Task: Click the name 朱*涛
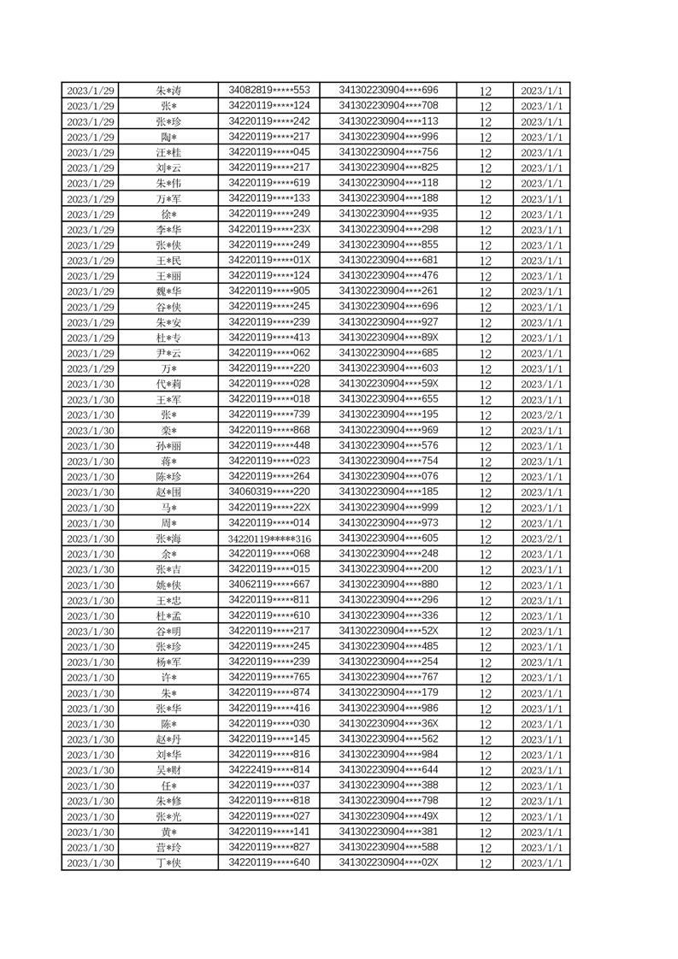pos(168,91)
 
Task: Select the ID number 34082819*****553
pos(269,90)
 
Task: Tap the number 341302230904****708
pos(388,105)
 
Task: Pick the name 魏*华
pos(168,291)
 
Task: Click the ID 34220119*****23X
pos(269,229)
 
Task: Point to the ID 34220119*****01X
pos(269,260)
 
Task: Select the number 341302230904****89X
pos(388,337)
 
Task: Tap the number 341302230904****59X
pos(388,384)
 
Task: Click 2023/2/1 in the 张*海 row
pos(541,539)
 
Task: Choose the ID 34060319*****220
pos(269,491)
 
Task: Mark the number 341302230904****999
pos(388,508)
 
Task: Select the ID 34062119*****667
pos(269,585)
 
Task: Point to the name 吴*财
pos(168,771)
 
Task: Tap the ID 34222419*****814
pos(269,770)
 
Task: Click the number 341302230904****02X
pos(388,862)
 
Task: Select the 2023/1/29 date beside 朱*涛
pos(91,91)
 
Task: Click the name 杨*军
pos(168,662)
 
